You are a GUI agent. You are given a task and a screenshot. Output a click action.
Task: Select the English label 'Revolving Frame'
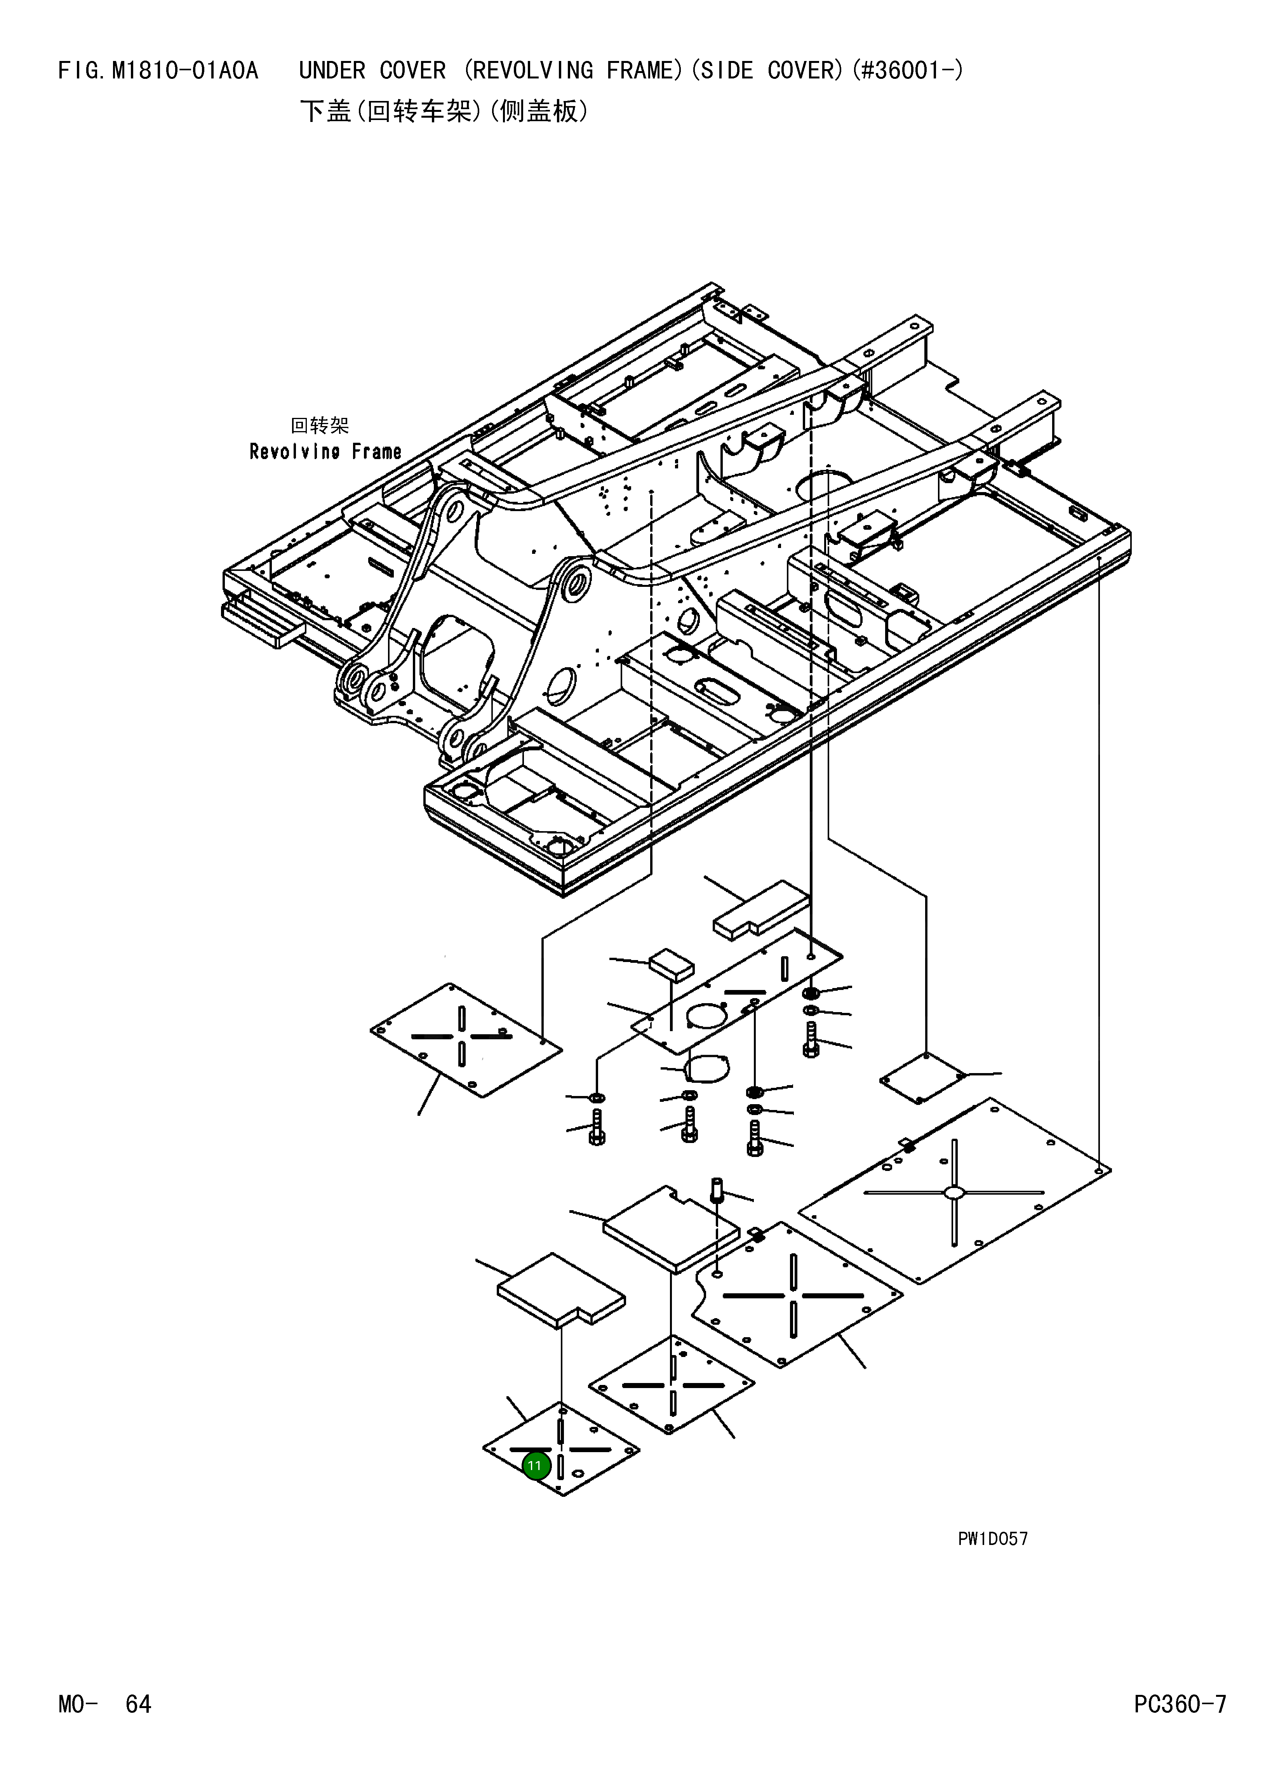[x=325, y=451]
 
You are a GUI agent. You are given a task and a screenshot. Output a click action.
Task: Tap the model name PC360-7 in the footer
[x=1180, y=1703]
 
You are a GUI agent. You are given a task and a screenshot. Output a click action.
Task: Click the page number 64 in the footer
[x=138, y=1703]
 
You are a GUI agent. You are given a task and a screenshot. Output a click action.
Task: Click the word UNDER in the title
[x=332, y=71]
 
